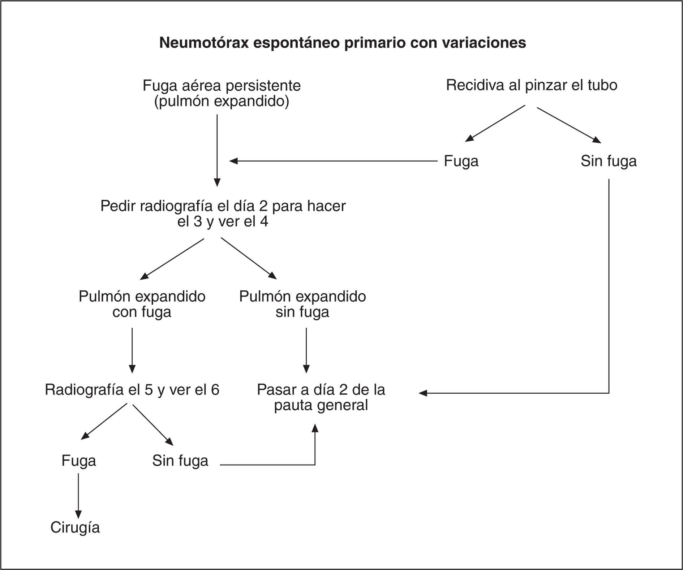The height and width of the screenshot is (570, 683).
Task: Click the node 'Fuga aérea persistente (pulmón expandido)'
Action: tap(222, 93)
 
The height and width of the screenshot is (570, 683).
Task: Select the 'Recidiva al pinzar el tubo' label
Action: tap(532, 85)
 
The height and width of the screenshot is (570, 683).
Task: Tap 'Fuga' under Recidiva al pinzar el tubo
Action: tap(461, 161)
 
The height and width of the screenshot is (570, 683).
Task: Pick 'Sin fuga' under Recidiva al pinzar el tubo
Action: tap(609, 161)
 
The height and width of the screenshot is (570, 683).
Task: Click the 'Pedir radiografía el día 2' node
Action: tap(223, 213)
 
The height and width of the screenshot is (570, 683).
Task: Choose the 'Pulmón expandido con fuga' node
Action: tap(142, 304)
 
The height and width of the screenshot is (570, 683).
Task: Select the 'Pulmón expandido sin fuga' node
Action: tap(302, 304)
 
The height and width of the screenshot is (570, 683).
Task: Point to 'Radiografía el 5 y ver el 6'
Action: tap(132, 390)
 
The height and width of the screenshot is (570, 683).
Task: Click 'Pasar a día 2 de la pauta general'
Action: tap(321, 397)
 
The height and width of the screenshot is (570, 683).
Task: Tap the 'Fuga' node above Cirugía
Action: tap(79, 461)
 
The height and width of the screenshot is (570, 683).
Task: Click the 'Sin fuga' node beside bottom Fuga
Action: tap(180, 461)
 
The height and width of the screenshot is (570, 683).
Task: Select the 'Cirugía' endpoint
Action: tap(75, 528)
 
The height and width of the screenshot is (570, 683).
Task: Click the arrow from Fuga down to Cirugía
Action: tap(78, 495)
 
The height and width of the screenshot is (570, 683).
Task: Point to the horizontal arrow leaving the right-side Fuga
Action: tap(332, 161)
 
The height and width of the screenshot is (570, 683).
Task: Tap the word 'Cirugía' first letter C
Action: tap(55, 528)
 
